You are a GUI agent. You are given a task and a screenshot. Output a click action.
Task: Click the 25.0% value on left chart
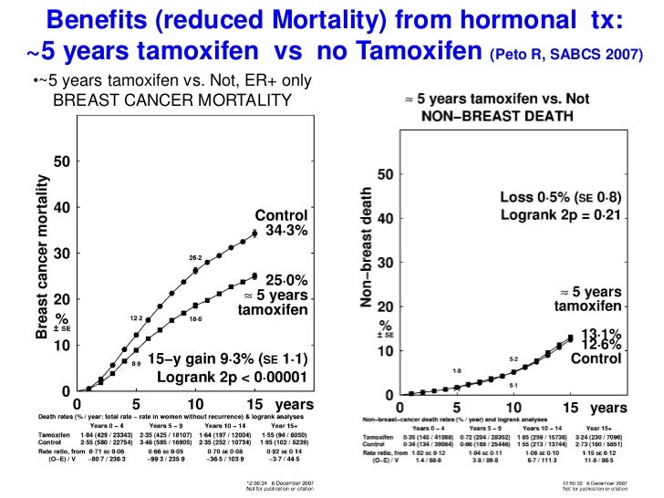286,278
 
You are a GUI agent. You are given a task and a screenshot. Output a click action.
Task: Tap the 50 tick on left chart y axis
61,162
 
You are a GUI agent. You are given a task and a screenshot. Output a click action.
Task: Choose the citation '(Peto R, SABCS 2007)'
565,55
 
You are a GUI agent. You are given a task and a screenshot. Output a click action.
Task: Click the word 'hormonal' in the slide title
504,19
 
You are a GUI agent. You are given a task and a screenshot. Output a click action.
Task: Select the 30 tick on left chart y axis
61,254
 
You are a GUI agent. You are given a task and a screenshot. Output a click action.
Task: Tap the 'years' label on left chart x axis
294,403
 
